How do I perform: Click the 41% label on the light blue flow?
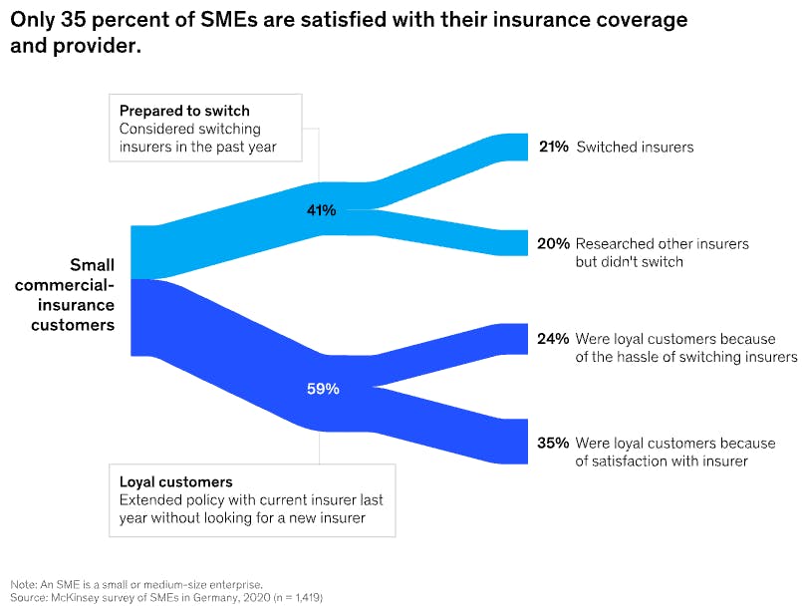[322, 210]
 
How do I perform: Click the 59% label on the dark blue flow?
[323, 389]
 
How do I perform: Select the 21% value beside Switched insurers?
[553, 147]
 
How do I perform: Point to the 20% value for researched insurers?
[553, 243]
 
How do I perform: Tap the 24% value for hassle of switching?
[553, 339]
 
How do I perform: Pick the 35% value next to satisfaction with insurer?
[553, 443]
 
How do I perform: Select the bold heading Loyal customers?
[175, 481]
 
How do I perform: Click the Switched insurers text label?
[635, 147]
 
